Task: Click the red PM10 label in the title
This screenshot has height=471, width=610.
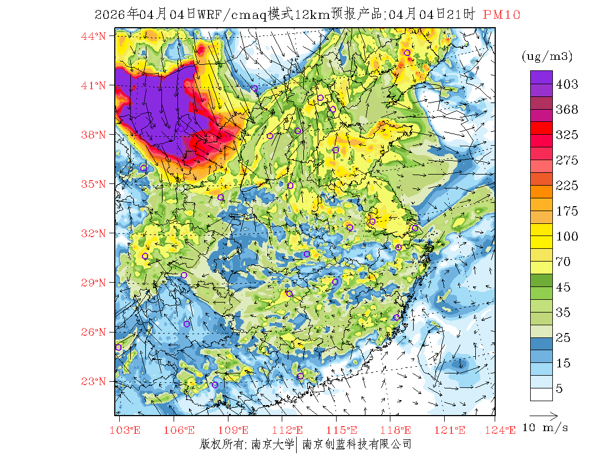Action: click(501, 15)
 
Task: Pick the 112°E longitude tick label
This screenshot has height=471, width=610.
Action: click(290, 430)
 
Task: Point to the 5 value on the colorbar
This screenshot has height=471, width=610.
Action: click(560, 389)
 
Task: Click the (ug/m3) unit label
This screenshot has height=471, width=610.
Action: click(547, 56)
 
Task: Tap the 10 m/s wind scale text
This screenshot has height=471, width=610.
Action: click(546, 428)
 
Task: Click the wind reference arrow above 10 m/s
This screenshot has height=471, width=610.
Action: click(543, 414)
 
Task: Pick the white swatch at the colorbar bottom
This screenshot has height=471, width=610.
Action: click(541, 394)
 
